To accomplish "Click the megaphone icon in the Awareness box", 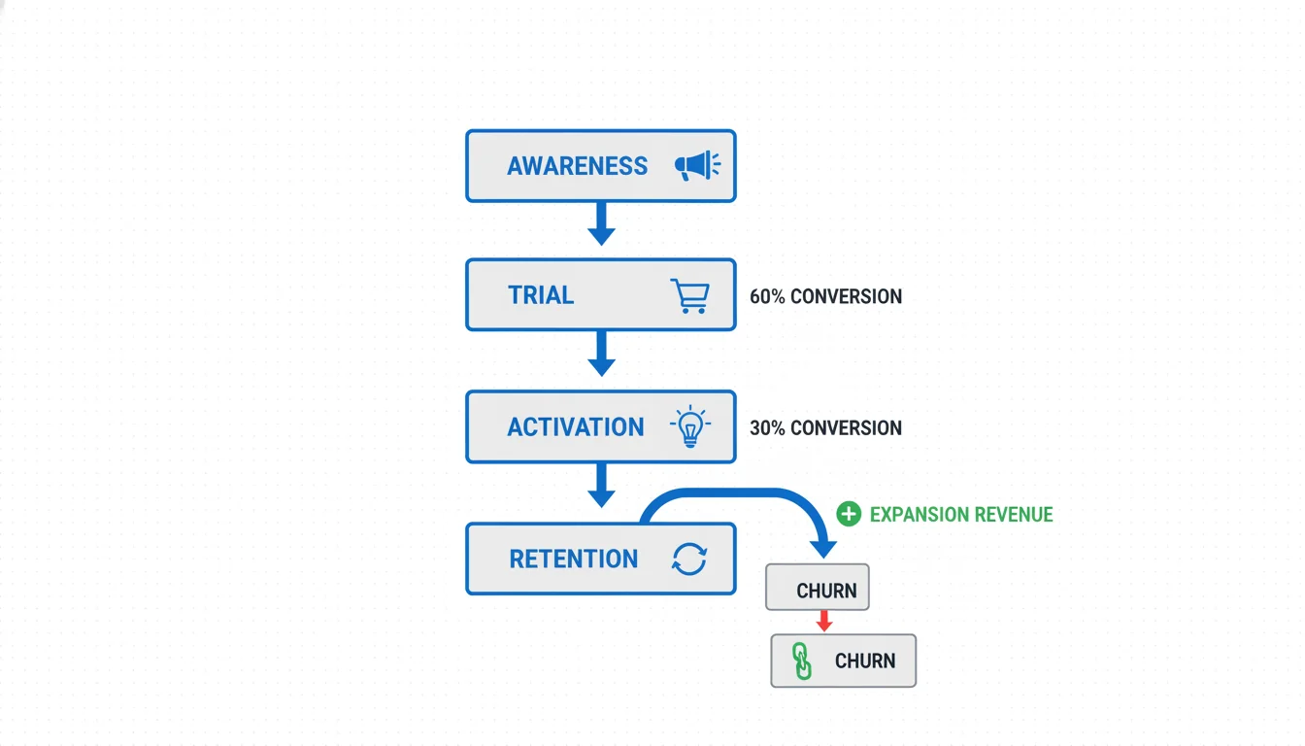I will click(x=697, y=166).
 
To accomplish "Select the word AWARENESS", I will click(x=577, y=166).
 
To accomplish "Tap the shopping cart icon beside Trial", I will click(x=689, y=295).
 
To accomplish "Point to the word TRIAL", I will click(x=541, y=295).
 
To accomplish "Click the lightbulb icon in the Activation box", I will click(x=689, y=426).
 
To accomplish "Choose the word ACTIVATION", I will click(x=575, y=427).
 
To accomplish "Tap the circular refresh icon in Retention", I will click(x=689, y=559).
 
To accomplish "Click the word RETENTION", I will click(x=574, y=559).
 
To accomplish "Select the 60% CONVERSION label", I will click(x=825, y=296).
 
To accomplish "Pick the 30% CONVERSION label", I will click(x=825, y=427).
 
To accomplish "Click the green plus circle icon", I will click(x=849, y=514).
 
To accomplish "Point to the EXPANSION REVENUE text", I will click(x=961, y=515).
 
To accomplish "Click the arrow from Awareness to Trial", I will click(x=602, y=224).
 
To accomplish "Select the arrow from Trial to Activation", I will click(x=602, y=354).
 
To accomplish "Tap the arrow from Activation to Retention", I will click(x=602, y=485).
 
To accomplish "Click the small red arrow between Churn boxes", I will click(x=823, y=621).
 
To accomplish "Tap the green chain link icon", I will click(x=802, y=661).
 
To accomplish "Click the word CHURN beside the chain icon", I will click(x=864, y=661).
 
